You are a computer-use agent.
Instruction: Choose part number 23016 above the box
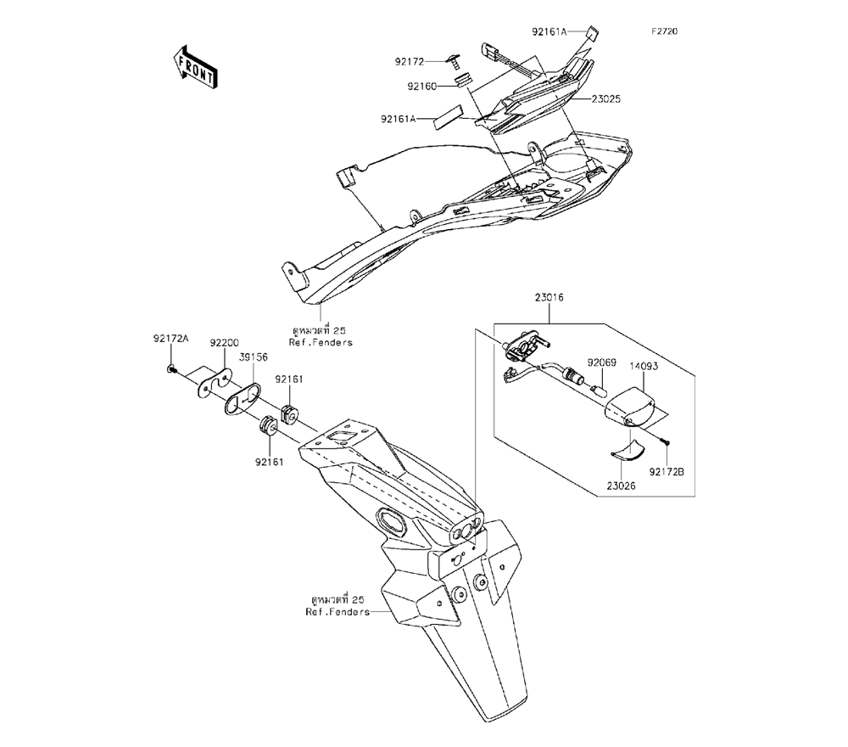click(549, 298)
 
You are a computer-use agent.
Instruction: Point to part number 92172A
click(170, 340)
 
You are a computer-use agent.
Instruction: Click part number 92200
click(225, 341)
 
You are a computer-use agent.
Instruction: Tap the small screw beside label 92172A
click(173, 368)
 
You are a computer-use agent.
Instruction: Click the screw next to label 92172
click(457, 60)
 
